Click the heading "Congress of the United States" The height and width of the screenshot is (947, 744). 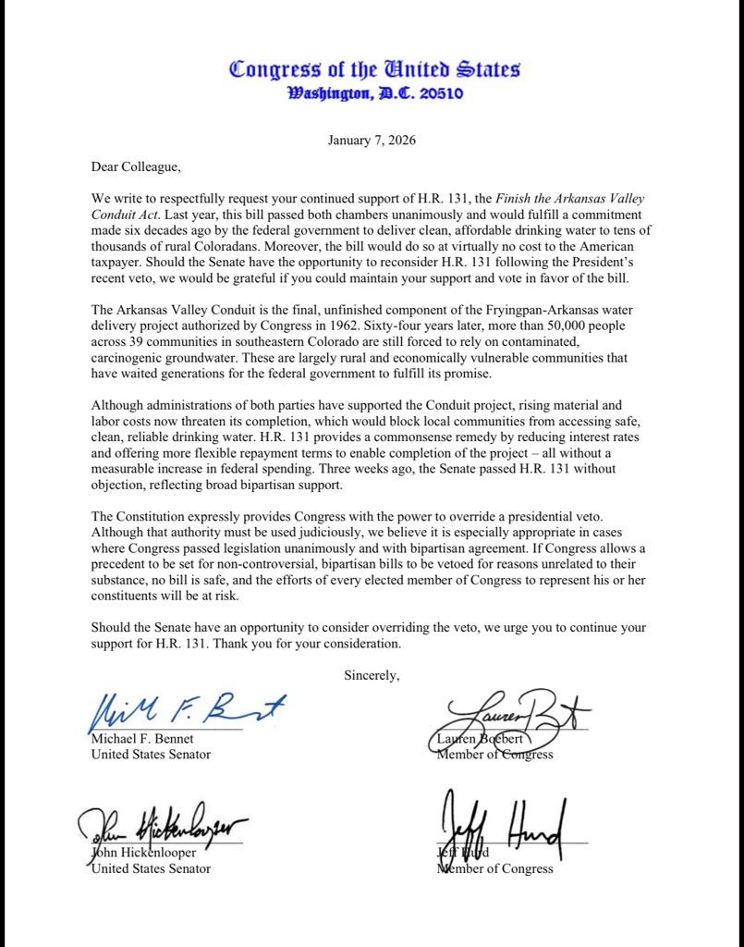click(x=374, y=69)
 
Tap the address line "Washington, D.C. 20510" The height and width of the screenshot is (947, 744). click(x=375, y=93)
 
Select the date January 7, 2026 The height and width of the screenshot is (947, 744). click(x=372, y=141)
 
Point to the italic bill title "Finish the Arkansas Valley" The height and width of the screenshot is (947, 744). click(x=570, y=199)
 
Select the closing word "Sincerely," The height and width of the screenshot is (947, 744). click(x=372, y=675)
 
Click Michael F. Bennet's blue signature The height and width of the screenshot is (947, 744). click(x=185, y=712)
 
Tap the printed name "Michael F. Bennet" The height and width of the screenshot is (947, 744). click(x=142, y=739)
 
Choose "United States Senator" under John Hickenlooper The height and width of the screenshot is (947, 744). click(x=150, y=868)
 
